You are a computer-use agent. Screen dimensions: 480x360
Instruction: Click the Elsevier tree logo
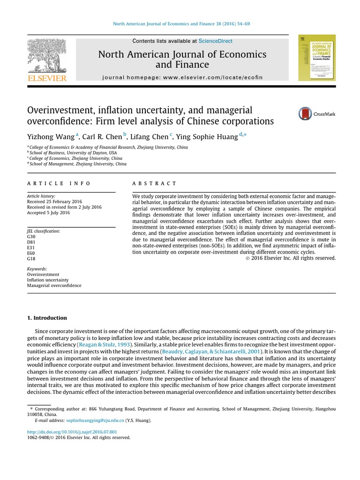(x=47, y=56)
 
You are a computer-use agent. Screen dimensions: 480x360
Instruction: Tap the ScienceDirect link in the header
(x=215, y=41)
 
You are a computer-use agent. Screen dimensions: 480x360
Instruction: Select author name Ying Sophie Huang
(x=208, y=136)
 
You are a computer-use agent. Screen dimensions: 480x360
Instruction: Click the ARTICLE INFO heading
(x=59, y=183)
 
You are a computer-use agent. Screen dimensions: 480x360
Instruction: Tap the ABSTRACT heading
(x=155, y=183)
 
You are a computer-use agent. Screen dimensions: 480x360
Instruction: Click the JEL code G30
(x=31, y=237)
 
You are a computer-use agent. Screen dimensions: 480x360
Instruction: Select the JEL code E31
(x=31, y=248)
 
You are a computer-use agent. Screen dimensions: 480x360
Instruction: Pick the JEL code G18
(x=31, y=259)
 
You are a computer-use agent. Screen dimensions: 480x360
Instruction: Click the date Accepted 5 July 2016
(x=48, y=212)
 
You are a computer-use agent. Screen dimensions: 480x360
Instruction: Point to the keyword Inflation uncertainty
(x=48, y=280)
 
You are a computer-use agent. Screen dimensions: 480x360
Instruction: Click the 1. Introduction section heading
(x=47, y=318)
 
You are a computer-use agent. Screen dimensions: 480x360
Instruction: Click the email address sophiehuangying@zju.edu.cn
(x=95, y=421)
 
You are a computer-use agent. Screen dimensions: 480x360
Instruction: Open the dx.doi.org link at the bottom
(x=72, y=431)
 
